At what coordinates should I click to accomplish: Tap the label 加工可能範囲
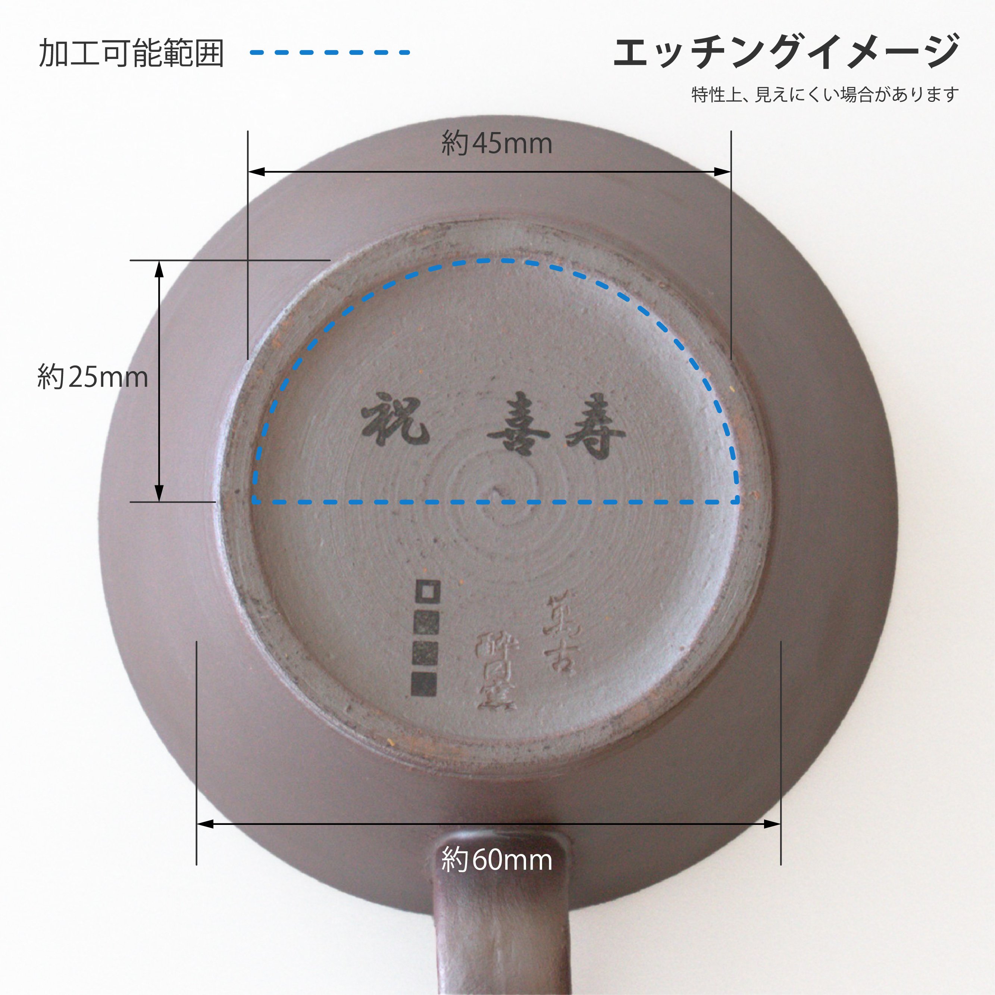132,53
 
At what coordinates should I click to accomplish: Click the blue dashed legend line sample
329,52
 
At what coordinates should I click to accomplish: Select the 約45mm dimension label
497,143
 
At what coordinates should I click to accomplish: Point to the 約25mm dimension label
93,377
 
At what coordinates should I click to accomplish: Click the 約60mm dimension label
497,860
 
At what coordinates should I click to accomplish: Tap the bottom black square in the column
424,684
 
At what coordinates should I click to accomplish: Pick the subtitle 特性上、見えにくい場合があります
825,95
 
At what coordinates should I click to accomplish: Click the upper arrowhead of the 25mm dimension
159,268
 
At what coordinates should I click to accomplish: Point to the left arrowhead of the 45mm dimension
256,172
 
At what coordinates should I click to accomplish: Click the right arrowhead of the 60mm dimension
773,825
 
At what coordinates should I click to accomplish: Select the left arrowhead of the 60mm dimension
204,825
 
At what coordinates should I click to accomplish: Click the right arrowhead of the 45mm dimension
723,172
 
